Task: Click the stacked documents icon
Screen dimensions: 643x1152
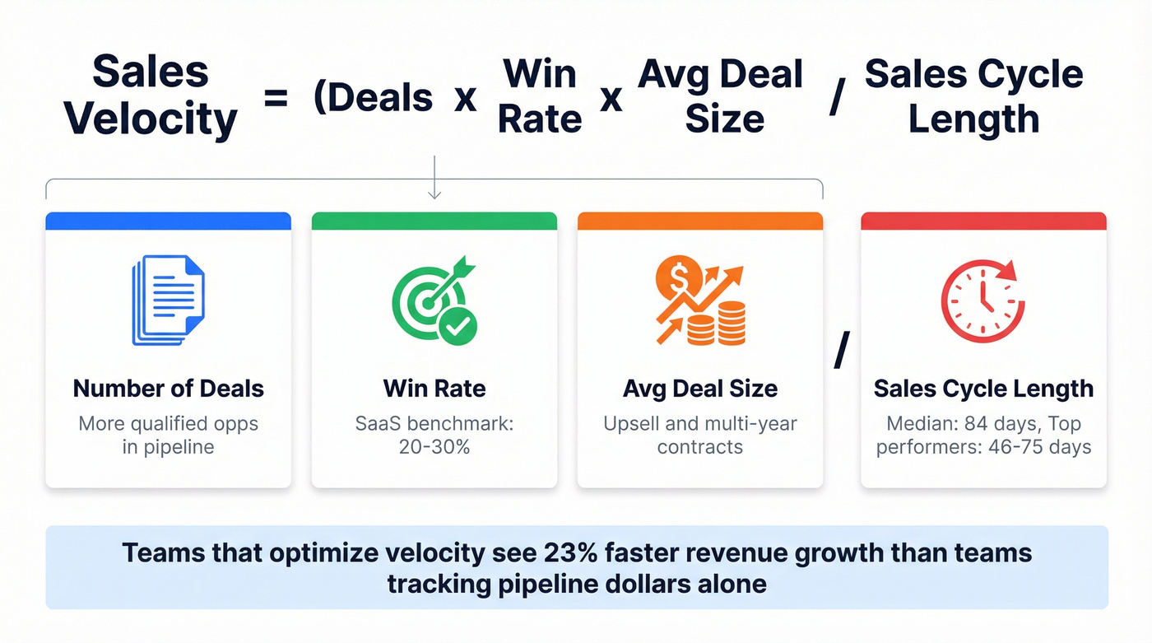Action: point(168,300)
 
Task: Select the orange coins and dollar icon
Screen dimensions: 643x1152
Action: point(699,300)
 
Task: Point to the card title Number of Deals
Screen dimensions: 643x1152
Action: point(168,388)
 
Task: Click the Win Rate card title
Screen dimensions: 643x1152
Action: point(434,388)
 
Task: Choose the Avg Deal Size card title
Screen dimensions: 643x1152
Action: point(700,388)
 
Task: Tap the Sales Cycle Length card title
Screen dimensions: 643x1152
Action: point(983,388)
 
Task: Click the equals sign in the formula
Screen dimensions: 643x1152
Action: point(276,99)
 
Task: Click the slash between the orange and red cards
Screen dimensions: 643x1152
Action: point(841,353)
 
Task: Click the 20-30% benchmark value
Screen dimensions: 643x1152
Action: point(434,447)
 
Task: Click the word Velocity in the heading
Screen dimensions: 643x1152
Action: point(151,120)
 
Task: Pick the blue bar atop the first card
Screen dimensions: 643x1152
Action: point(168,221)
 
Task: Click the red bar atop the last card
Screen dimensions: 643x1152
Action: point(983,221)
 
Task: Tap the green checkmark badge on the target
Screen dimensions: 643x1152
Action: point(458,326)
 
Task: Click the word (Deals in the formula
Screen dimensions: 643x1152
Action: point(373,99)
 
